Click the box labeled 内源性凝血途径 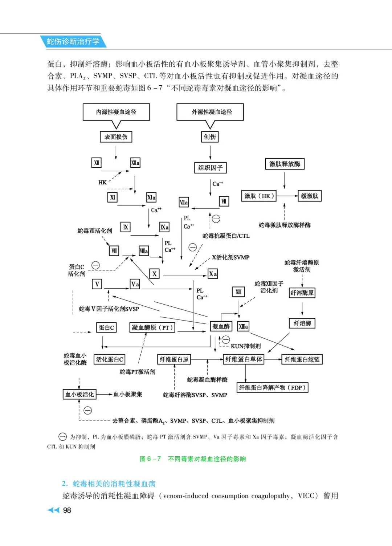click(116, 112)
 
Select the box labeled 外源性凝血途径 click(210, 112)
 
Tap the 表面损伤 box click(116, 137)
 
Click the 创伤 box click(210, 137)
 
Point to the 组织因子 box click(210, 168)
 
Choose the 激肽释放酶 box click(285, 164)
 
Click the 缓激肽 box click(309, 196)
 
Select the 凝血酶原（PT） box click(152, 327)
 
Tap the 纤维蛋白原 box click(174, 359)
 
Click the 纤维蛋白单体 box click(244, 359)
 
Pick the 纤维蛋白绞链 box click(302, 359)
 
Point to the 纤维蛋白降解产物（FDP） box click(272, 388)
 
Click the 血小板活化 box click(79, 394)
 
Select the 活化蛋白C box click(109, 359)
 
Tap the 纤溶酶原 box click(302, 293)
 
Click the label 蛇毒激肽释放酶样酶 click(284, 225)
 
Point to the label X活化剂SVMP click(230, 257)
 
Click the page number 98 click(67, 510)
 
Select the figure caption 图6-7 click(193, 459)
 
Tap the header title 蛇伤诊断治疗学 click(73, 41)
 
